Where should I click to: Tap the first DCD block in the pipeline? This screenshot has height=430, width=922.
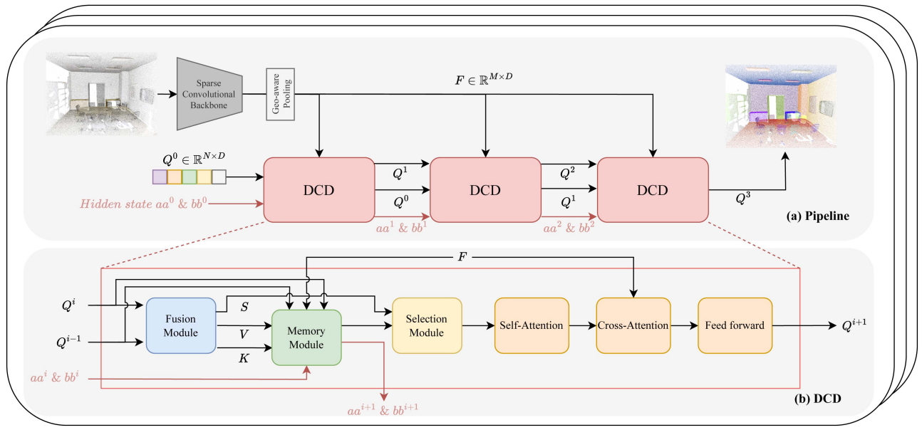pyautogui.click(x=318, y=190)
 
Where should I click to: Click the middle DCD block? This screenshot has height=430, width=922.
pyautogui.click(x=485, y=190)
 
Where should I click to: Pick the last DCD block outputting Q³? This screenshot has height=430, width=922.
pyautogui.click(x=652, y=190)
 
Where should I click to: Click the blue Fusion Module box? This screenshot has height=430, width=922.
pyautogui.click(x=180, y=326)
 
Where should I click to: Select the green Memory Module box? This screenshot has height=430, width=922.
pyautogui.click(x=306, y=338)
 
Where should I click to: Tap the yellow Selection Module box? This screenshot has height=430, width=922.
pyautogui.click(x=427, y=326)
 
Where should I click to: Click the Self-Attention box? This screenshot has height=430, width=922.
pyautogui.click(x=529, y=326)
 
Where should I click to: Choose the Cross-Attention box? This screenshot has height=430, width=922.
pyautogui.click(x=632, y=326)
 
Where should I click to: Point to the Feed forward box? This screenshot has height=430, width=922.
pyautogui.click(x=735, y=326)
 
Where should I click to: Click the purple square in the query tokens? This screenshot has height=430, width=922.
pyautogui.click(x=160, y=176)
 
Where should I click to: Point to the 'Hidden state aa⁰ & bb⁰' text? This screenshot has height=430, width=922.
pyautogui.click(x=143, y=204)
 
